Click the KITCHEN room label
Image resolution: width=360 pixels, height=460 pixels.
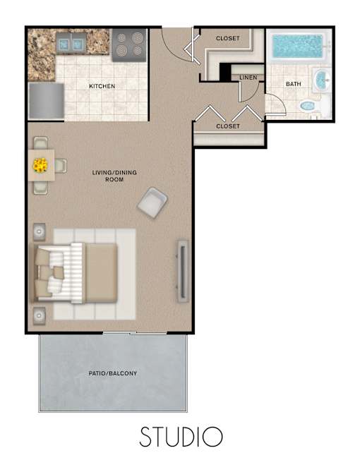(102, 86)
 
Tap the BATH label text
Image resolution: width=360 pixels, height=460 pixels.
(294, 84)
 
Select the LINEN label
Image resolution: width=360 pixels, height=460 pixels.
(248, 78)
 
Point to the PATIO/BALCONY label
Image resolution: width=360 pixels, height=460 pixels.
(113, 373)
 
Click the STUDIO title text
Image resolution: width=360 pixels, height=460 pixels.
(181, 437)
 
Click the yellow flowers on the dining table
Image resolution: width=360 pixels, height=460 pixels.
(40, 166)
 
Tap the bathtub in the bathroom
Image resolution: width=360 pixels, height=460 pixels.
(298, 47)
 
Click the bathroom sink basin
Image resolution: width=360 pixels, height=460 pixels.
(322, 80)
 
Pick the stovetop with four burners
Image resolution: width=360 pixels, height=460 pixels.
(129, 44)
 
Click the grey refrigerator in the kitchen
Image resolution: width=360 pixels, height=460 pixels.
(46, 101)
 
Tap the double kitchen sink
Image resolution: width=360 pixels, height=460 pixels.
(71, 44)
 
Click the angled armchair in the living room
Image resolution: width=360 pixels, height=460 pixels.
(152, 202)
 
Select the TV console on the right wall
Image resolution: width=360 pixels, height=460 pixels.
(183, 272)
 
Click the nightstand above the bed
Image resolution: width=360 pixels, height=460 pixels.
(39, 231)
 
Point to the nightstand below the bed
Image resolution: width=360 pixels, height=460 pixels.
(39, 315)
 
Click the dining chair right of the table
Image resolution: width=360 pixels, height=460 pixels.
(61, 166)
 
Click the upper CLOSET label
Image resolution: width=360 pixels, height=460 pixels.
(228, 38)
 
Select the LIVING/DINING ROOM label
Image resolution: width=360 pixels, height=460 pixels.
(114, 176)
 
